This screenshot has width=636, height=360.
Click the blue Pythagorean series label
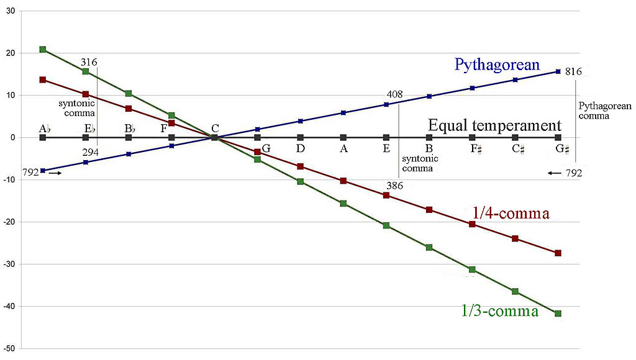[497, 65]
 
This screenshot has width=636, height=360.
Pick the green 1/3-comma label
[500, 311]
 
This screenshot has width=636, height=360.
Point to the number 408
[394, 95]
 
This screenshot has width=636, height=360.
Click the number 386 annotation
[394, 185]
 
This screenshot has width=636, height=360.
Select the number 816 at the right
[573, 72]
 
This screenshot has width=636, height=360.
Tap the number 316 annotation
[89, 62]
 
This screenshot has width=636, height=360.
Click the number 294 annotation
[90, 153]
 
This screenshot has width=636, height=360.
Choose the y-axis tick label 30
[11, 11]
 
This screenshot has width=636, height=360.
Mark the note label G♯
[563, 149]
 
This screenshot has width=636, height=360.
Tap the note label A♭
[44, 128]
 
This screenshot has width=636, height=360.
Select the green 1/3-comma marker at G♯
[558, 313]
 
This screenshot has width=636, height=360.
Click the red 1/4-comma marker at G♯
[558, 253]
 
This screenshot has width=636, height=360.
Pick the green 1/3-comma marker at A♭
[43, 50]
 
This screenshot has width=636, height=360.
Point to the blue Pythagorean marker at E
[386, 104]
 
